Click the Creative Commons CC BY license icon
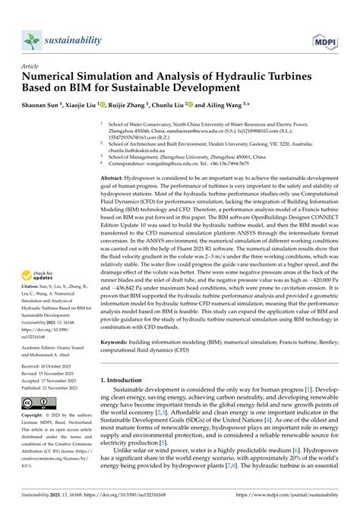(x=39, y=444)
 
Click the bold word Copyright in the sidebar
(x=35, y=458)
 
